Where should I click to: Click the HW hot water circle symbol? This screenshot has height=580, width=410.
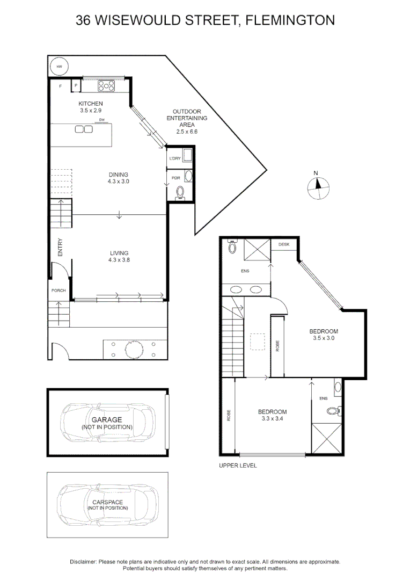tap(59, 67)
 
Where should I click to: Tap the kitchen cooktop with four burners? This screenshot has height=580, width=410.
tap(106, 85)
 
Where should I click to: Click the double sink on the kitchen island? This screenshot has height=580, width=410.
tap(84, 129)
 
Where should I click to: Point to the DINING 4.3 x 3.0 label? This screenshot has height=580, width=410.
tap(119, 178)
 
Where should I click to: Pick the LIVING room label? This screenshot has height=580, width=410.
tap(119, 256)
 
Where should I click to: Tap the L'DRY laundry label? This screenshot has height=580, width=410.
tap(175, 158)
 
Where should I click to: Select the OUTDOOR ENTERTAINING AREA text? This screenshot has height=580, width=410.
tap(186, 121)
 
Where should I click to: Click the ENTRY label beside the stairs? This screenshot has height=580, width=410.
tap(60, 247)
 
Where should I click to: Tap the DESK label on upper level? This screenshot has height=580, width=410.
tap(283, 244)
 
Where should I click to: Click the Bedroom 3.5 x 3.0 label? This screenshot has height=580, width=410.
tap(324, 335)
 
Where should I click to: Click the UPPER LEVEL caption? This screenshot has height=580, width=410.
tap(238, 466)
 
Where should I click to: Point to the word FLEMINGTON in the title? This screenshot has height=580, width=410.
tap(290, 20)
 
